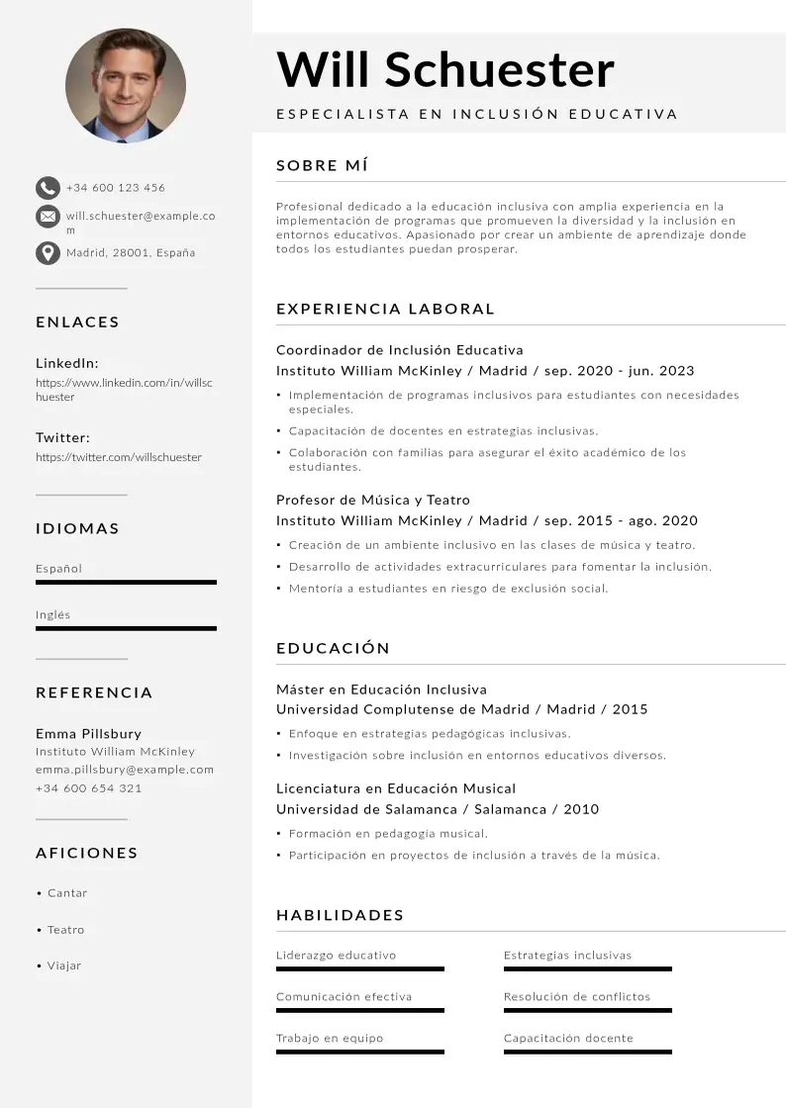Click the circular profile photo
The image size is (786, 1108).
(x=125, y=86)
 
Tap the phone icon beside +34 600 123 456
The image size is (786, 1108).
(x=48, y=188)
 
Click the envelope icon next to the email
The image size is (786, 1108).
(x=48, y=217)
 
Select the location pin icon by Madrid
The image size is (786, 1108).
(x=48, y=253)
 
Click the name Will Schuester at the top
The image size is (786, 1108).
(x=445, y=70)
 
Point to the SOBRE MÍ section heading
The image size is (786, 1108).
(x=323, y=165)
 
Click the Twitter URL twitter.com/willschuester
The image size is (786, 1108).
(x=119, y=458)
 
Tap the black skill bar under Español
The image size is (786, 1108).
(x=126, y=583)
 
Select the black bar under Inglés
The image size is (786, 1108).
(x=126, y=628)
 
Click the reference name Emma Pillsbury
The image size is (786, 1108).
(x=88, y=734)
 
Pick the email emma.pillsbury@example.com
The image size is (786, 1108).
(x=125, y=770)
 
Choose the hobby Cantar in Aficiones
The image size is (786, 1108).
(x=67, y=893)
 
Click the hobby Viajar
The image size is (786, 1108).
(x=64, y=966)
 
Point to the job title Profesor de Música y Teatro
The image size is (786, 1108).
(x=373, y=500)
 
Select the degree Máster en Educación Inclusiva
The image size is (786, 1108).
(x=381, y=690)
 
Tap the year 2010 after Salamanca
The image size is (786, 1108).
(x=581, y=809)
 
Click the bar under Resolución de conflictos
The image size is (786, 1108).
(x=587, y=1010)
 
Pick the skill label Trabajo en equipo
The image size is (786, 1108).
(x=330, y=1039)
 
